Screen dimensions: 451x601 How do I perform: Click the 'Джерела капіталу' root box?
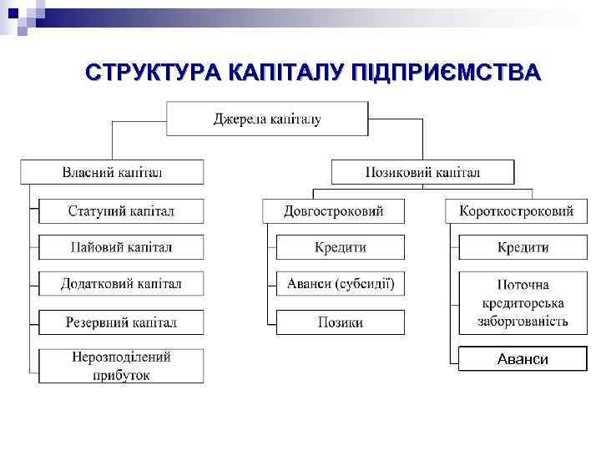pos(267,119)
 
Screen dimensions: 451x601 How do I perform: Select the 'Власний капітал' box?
pos(112,172)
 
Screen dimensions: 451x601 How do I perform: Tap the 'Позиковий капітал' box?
pos(422,172)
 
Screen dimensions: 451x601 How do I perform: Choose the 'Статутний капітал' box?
pos(121,210)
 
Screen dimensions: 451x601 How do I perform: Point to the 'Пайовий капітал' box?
pos(121,247)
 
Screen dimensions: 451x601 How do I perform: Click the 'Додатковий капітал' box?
pos(121,284)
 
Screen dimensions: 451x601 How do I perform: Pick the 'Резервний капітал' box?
pos(121,322)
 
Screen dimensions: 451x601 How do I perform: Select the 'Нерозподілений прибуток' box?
pos(121,366)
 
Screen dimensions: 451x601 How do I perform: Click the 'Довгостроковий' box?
pos(333,210)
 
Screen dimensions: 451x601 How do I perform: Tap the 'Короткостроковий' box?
pos(516,210)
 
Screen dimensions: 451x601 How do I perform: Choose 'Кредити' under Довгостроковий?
pos(340,247)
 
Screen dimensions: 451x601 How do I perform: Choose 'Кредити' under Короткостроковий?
pos(523,247)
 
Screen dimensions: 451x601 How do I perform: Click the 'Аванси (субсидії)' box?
pos(340,284)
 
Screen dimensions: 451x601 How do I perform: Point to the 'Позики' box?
pos(340,322)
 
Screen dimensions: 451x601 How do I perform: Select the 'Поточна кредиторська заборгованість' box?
pos(523,302)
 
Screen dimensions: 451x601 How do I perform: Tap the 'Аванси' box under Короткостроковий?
pos(523,359)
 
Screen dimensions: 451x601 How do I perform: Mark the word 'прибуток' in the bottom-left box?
pos(121,375)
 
